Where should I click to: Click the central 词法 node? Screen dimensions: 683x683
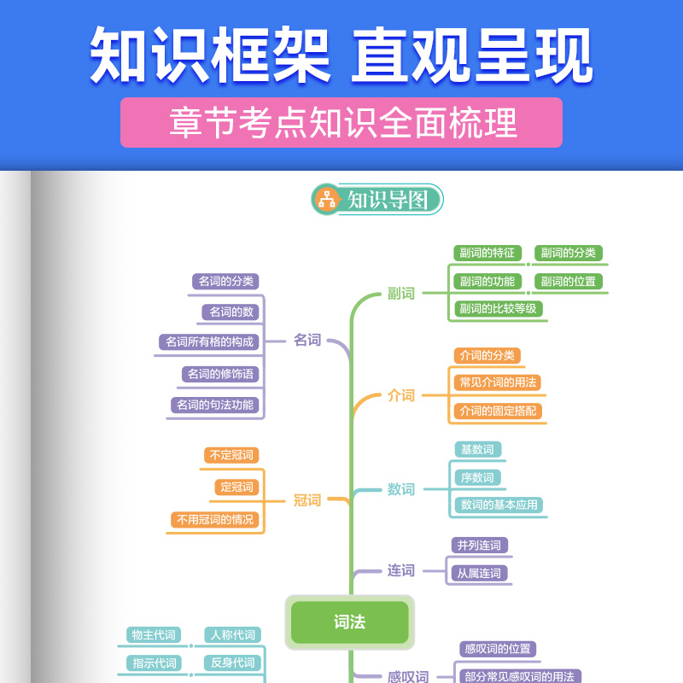(x=350, y=622)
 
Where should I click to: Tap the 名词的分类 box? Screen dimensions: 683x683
(x=226, y=281)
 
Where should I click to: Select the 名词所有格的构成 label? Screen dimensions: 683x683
(x=209, y=341)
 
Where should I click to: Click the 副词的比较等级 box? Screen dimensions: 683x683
(x=498, y=308)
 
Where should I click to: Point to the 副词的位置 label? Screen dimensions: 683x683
(x=568, y=281)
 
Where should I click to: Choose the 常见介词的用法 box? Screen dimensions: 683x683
(x=499, y=382)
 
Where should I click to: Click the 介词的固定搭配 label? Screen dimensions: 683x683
(x=499, y=411)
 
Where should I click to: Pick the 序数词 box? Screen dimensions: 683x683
(x=476, y=477)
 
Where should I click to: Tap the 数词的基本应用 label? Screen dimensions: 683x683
(x=499, y=505)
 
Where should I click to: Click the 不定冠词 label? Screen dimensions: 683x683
(x=231, y=455)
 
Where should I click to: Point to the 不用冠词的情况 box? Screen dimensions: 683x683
(x=214, y=518)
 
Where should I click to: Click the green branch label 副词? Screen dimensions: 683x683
(x=400, y=294)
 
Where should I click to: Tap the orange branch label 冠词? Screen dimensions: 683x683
(x=307, y=500)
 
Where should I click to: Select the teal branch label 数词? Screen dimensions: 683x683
(x=400, y=489)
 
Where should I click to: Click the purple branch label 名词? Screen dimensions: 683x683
(x=307, y=340)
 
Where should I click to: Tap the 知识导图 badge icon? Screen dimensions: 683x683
(x=326, y=199)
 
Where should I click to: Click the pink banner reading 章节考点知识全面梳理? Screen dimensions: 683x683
(x=341, y=122)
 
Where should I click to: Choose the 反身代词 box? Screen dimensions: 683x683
(x=232, y=663)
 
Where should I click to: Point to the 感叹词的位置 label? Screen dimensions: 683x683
(x=499, y=649)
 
